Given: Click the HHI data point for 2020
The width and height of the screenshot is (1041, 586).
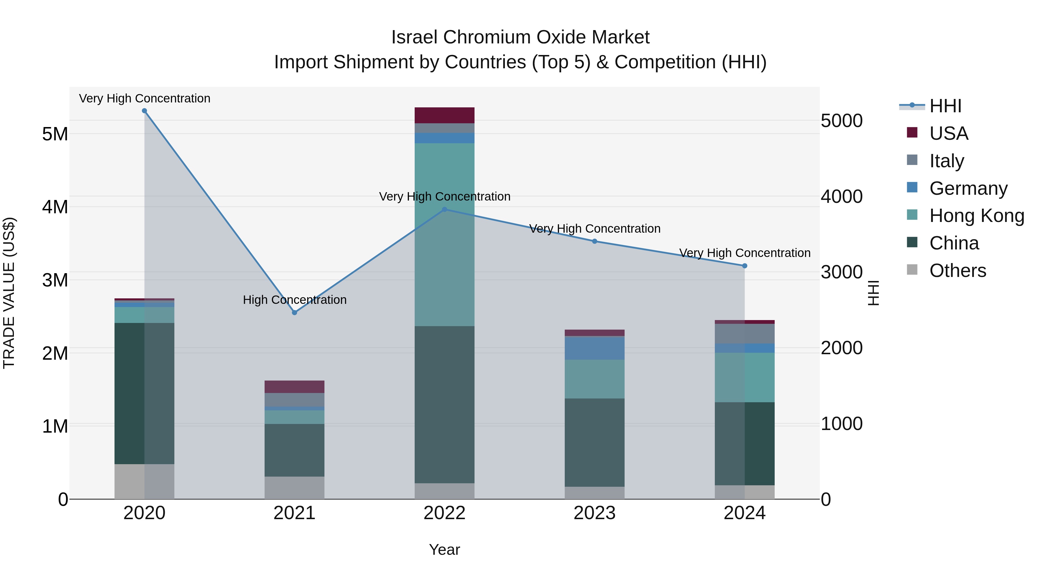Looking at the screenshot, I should pyautogui.click(x=144, y=111).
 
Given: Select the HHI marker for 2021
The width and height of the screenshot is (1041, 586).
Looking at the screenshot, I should pyautogui.click(x=295, y=313).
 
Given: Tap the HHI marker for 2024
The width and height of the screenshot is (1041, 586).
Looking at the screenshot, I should pyautogui.click(x=745, y=266).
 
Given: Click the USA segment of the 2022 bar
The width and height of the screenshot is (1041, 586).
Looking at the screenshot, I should pyautogui.click(x=444, y=115).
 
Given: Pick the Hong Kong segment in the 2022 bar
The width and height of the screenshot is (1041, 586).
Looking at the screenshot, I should pyautogui.click(x=444, y=235).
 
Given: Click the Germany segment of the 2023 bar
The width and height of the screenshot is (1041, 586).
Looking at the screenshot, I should pyautogui.click(x=595, y=348).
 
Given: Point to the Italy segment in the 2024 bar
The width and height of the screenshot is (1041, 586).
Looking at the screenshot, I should pyautogui.click(x=745, y=334).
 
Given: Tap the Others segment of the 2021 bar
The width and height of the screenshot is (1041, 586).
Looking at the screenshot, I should pyautogui.click(x=295, y=488).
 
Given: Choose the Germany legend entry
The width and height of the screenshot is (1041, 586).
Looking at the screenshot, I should pyautogui.click(x=968, y=188).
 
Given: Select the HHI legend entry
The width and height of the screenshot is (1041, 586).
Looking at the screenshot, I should pyautogui.click(x=945, y=106).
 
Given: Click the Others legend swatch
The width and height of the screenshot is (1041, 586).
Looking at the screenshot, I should pyautogui.click(x=912, y=270).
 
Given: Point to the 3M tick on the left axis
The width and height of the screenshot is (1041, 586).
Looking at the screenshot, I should pyautogui.click(x=55, y=280).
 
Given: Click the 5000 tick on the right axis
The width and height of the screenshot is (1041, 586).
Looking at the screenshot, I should pyautogui.click(x=842, y=121).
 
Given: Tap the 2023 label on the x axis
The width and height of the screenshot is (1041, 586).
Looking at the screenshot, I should pyautogui.click(x=595, y=513).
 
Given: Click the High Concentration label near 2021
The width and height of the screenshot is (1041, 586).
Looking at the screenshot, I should pyautogui.click(x=295, y=300).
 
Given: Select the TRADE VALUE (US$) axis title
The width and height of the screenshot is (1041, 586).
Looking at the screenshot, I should pyautogui.click(x=9, y=293).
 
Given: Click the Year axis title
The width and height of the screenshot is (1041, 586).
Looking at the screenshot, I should pyautogui.click(x=444, y=550).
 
